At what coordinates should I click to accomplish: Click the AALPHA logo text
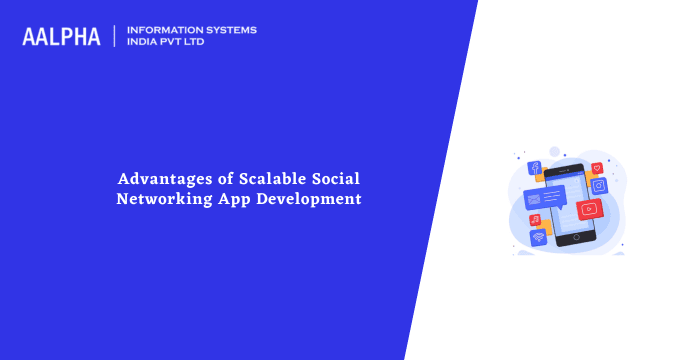61,37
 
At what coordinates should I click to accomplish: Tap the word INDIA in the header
144,43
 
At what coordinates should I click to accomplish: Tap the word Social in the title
334,179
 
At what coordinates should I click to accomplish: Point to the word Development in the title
310,198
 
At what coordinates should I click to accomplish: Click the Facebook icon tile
535,169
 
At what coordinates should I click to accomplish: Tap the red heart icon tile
597,168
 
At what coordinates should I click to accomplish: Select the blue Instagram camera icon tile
599,186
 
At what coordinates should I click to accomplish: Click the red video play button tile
589,209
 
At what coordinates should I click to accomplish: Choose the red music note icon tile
536,219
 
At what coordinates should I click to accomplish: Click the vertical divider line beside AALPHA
116,36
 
